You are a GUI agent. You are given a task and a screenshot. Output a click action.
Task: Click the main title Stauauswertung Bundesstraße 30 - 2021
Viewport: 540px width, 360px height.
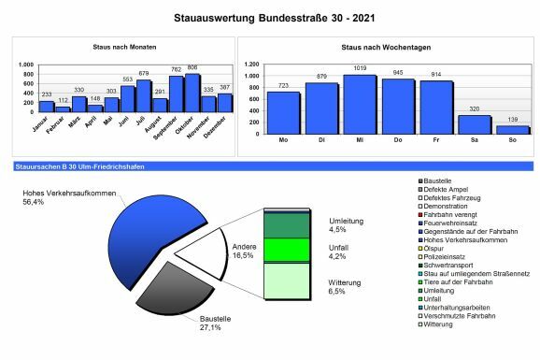coord(270,17)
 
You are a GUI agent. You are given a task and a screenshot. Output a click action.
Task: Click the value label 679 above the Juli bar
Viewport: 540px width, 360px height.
coord(143,73)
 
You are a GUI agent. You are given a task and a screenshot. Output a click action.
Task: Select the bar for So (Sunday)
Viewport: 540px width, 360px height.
coord(513,130)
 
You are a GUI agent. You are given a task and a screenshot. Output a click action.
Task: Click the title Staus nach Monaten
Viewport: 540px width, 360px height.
coord(125,47)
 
